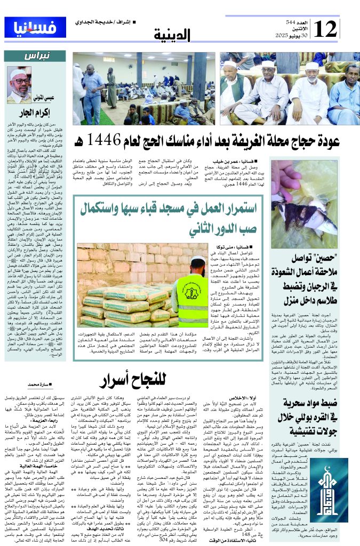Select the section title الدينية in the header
click(x=172, y=35)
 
